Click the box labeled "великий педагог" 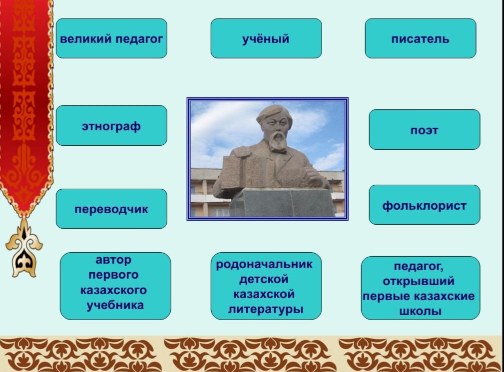[111, 38]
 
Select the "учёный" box [266, 38]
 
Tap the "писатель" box [421, 38]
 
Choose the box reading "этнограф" [111, 126]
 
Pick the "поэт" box [425, 129]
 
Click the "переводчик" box [111, 209]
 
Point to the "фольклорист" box [425, 205]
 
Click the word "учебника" [115, 305]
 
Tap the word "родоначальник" [264, 264]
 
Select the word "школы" [421, 311]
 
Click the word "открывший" [419, 282]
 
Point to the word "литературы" [266, 310]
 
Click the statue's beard [277, 142]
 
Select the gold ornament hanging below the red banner [23, 249]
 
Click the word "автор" [113, 260]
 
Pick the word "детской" [264, 279]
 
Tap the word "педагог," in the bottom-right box [419, 267]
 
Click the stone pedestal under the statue [283, 202]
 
